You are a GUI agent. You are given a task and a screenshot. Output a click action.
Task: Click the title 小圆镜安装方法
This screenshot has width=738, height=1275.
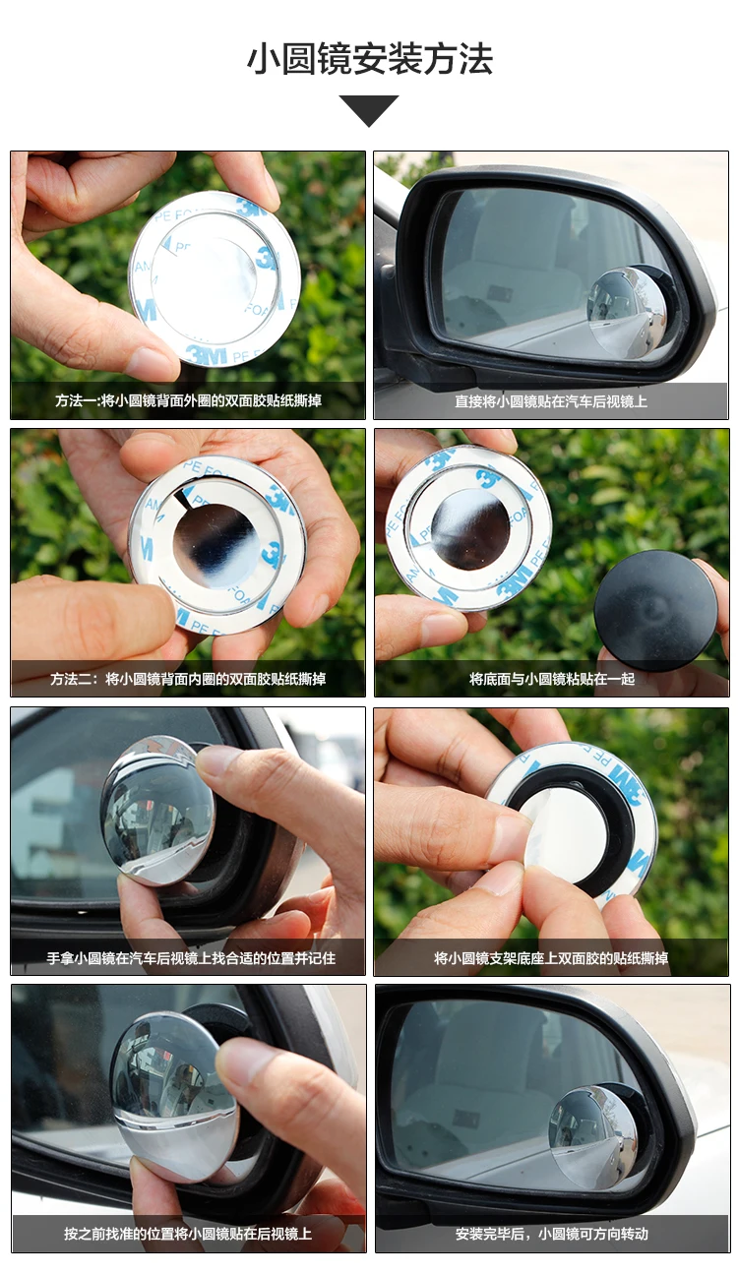click(x=370, y=59)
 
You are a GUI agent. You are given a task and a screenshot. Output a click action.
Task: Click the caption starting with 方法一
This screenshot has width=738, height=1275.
click(x=189, y=400)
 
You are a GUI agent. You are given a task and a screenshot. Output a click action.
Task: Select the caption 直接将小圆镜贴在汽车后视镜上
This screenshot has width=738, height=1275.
click(x=551, y=401)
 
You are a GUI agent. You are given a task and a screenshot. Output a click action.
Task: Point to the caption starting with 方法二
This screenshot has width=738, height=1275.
click(x=188, y=679)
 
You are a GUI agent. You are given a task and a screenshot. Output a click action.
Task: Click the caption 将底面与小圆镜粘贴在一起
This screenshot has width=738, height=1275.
click(x=552, y=679)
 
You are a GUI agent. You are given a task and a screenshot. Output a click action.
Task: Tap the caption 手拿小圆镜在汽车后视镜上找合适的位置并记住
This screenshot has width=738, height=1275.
click(x=191, y=958)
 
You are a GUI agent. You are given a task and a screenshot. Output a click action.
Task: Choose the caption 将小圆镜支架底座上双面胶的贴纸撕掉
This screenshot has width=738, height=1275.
click(x=551, y=958)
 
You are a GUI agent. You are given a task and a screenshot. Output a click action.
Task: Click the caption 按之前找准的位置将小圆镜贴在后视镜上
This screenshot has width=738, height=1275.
click(x=188, y=1234)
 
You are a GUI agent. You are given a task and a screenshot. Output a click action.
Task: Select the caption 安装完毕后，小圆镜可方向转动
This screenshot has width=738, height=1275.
click(x=552, y=1234)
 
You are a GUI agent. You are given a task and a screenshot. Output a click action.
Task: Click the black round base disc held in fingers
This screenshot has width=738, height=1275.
click(x=655, y=610)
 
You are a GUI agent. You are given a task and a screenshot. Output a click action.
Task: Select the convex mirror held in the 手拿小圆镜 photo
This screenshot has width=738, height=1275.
click(x=157, y=810)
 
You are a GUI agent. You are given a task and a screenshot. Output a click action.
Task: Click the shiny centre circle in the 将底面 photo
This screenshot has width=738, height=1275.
click(x=470, y=528)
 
